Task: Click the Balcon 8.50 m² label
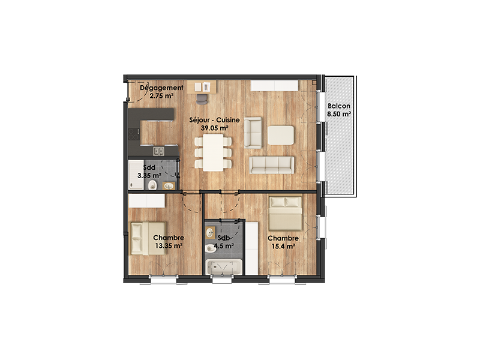[x=339, y=110]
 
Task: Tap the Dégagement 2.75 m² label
[x=161, y=92]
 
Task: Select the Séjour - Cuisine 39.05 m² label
[x=214, y=124]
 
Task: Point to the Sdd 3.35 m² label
[x=149, y=172]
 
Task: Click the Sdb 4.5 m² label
[x=224, y=242]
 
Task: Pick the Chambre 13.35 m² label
[x=169, y=242]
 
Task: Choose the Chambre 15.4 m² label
[x=283, y=242]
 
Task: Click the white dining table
[x=213, y=153]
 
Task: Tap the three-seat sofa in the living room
[x=272, y=166]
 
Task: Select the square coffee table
[x=281, y=135]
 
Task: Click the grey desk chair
[x=202, y=99]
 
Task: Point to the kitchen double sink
[x=158, y=151]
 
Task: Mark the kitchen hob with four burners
[x=134, y=134]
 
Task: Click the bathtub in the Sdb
[x=224, y=267]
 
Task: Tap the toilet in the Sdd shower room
[x=152, y=185]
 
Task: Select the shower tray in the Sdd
[x=136, y=175]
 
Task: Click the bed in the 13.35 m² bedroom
[x=148, y=238]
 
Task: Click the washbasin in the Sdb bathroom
[x=209, y=232]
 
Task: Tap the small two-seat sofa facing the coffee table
[x=253, y=133]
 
